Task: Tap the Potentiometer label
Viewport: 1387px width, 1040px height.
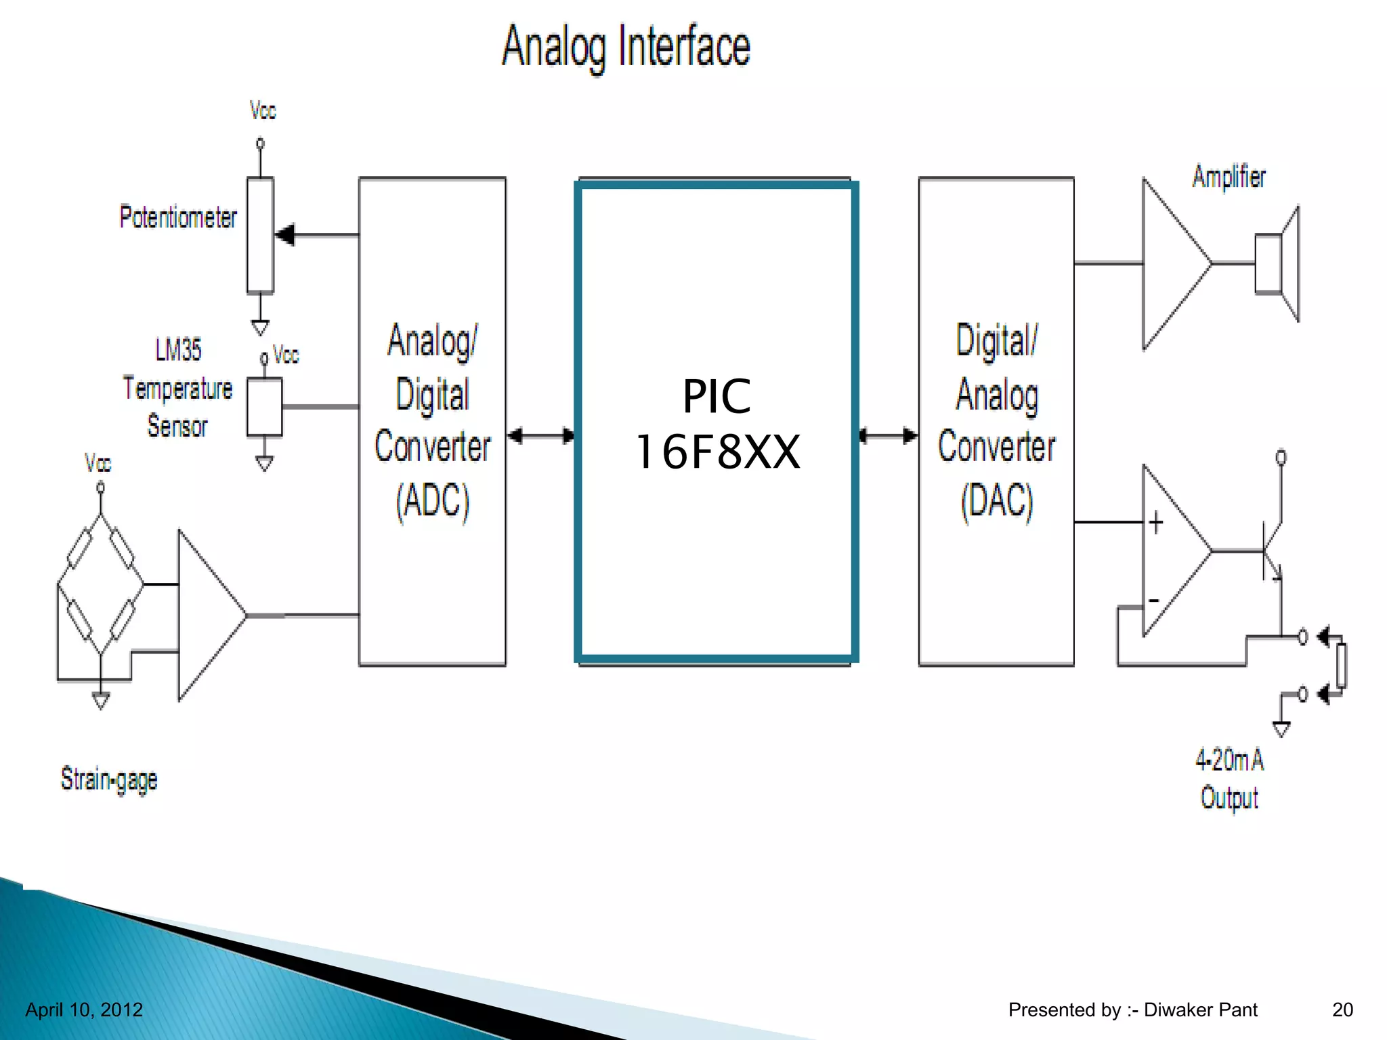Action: pos(178,217)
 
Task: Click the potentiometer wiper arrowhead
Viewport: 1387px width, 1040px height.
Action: pos(285,235)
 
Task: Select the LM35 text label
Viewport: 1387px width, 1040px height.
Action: pos(178,350)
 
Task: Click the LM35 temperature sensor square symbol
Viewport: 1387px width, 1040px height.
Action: pos(264,407)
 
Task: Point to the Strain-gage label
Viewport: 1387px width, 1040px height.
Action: pos(109,779)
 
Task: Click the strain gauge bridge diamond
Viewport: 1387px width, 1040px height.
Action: pos(100,584)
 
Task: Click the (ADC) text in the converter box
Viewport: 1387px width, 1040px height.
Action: pos(432,502)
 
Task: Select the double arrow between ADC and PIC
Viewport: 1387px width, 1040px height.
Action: pos(541,435)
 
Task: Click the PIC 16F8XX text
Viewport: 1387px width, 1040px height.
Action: pos(717,424)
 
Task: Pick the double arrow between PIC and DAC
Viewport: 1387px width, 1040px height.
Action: pos(889,435)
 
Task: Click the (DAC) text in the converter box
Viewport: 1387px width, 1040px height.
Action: pos(997,502)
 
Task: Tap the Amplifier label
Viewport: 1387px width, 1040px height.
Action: pos(1229,177)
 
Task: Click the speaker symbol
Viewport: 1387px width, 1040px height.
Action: pos(1277,264)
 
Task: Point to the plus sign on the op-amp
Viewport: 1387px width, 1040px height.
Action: pos(1156,522)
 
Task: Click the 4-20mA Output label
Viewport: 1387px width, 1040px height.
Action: pos(1229,779)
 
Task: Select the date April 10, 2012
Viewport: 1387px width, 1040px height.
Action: pos(84,1010)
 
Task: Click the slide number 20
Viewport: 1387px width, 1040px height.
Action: pos(1342,1010)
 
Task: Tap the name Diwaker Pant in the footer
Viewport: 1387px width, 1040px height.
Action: pos(1200,1010)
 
